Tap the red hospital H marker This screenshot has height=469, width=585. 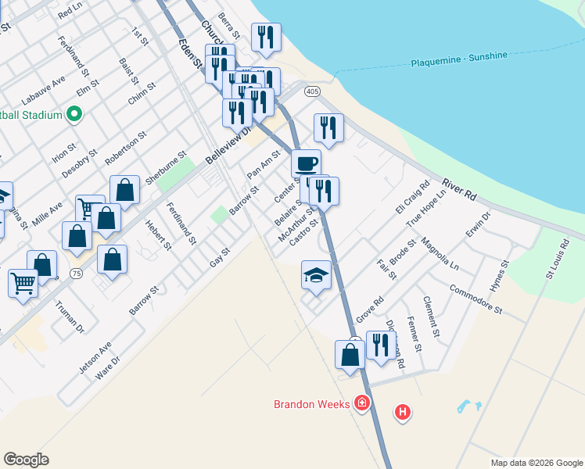point(402,411)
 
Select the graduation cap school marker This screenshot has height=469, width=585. point(316,276)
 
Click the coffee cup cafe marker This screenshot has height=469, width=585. point(306,165)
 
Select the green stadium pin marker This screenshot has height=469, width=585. point(74,115)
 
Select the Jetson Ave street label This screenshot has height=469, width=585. point(95,358)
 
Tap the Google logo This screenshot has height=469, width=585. point(26,460)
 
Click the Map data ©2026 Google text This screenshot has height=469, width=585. point(536,463)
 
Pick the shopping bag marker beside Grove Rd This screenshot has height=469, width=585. point(350,354)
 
